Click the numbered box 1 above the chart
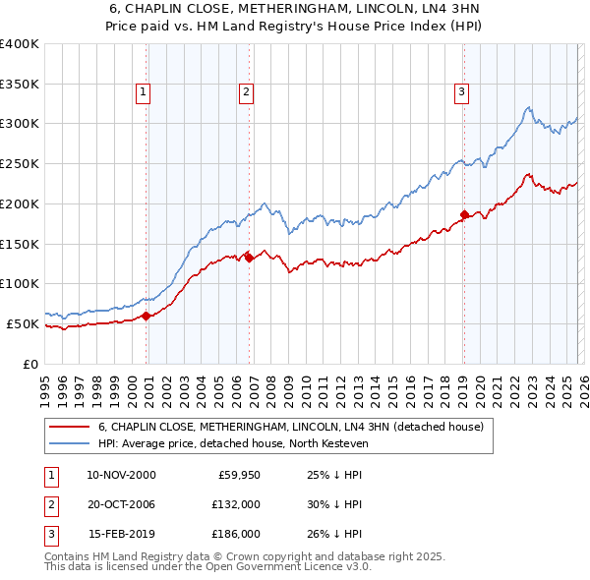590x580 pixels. click(x=143, y=92)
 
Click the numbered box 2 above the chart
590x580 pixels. click(x=246, y=92)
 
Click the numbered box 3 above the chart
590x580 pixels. click(x=460, y=92)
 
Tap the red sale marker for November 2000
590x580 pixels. click(x=147, y=316)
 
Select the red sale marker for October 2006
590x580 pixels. click(x=250, y=258)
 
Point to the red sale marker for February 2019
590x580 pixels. click(x=464, y=213)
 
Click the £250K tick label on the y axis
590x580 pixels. click(x=19, y=163)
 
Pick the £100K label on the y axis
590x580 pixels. click(x=19, y=283)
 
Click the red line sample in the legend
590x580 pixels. click(x=70, y=428)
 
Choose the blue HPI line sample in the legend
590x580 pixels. click(x=70, y=443)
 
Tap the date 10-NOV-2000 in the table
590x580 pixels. click(x=121, y=475)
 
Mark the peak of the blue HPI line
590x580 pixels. click(x=529, y=107)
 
